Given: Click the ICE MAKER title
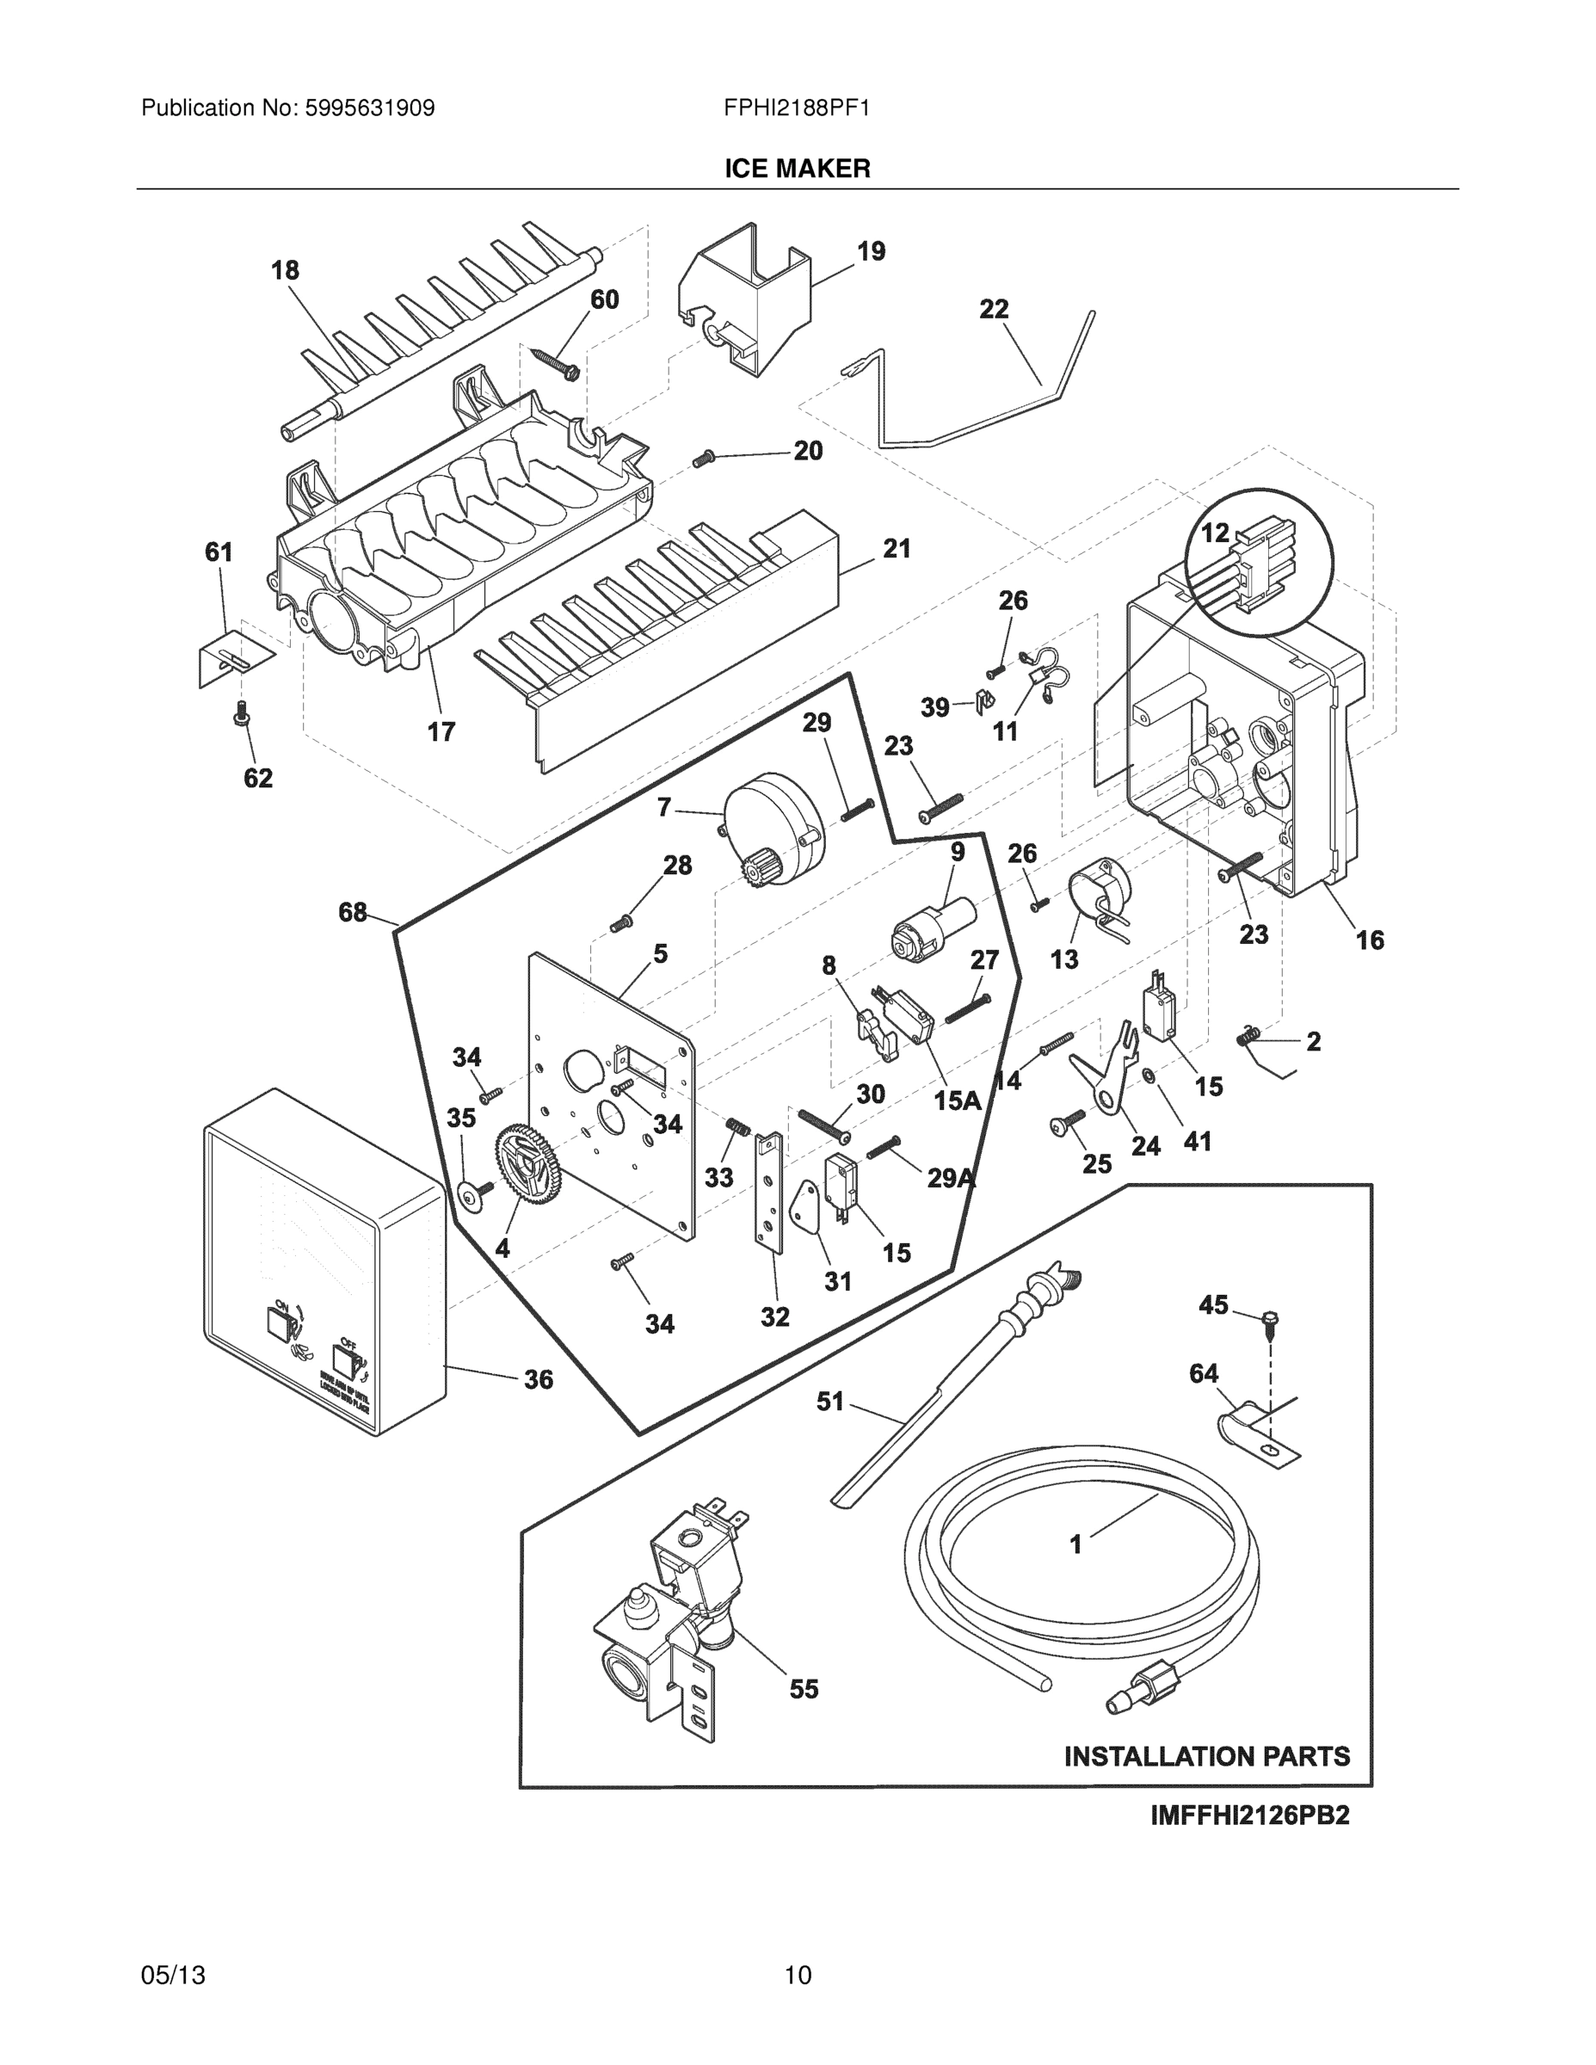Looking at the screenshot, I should pyautogui.click(x=797, y=170).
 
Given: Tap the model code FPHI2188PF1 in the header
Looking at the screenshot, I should pyautogui.click(x=796, y=108).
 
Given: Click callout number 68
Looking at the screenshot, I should pyautogui.click(x=352, y=912).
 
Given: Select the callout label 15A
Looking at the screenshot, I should pyautogui.click(x=957, y=1100).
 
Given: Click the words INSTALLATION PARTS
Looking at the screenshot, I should pyautogui.click(x=1206, y=1756).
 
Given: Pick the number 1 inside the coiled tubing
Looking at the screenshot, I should pyautogui.click(x=1075, y=1544).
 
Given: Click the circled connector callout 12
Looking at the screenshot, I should pyautogui.click(x=1215, y=533).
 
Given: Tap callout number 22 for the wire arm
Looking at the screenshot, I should pyautogui.click(x=994, y=309).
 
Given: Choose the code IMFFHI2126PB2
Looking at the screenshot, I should pyautogui.click(x=1249, y=1815).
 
